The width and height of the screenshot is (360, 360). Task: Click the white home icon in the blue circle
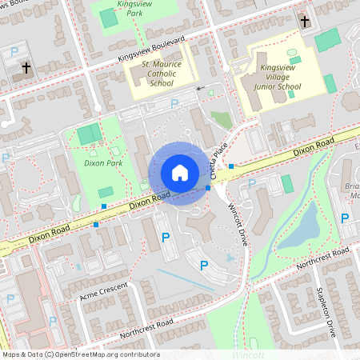[180, 173]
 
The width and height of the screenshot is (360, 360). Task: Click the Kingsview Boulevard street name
[151, 50]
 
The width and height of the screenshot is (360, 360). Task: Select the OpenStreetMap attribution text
[80, 354]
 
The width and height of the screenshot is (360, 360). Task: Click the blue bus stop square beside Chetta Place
[231, 166]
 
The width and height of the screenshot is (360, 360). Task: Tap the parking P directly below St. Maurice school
[174, 102]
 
